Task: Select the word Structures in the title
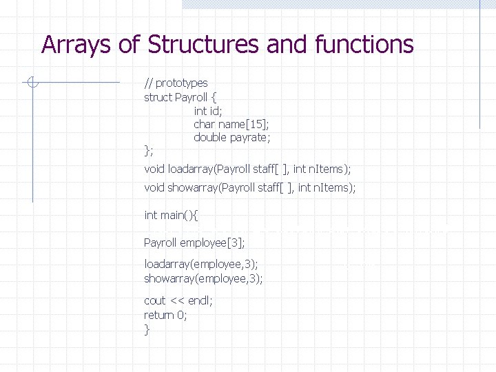point(203,45)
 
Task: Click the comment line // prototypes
point(176,83)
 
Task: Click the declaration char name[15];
point(231,124)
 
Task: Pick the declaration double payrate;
point(232,138)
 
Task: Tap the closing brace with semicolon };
point(149,150)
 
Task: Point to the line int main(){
point(172,216)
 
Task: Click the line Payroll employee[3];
point(195,242)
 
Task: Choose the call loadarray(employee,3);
point(201,264)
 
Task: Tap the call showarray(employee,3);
point(203,278)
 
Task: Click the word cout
point(155,300)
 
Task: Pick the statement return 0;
point(165,315)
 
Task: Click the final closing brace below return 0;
point(147,329)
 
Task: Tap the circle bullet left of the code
point(32,83)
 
